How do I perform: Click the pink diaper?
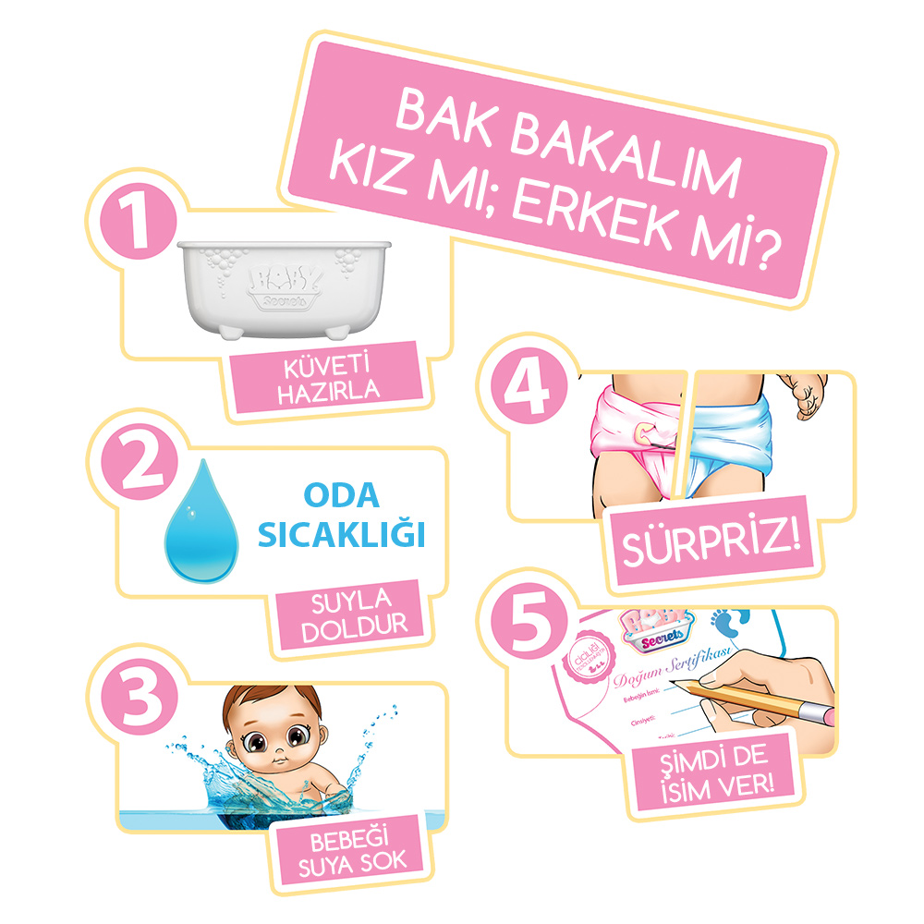(x=638, y=434)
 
